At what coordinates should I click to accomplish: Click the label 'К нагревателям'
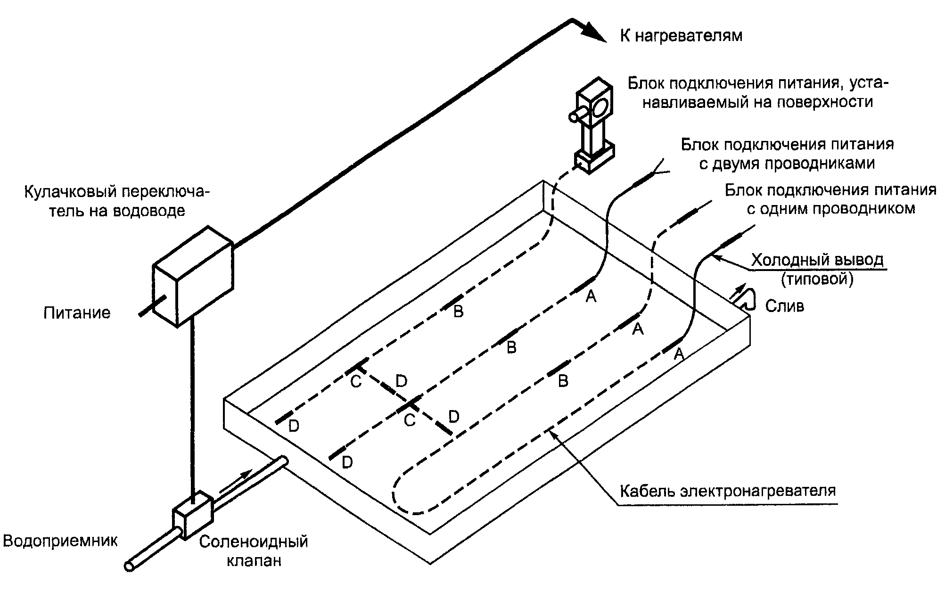coord(681,36)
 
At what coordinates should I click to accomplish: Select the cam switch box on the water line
coord(194,275)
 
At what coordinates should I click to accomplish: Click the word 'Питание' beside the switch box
coord(77,312)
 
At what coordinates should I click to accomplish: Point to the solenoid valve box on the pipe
coord(194,515)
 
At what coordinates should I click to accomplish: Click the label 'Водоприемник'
coord(60,541)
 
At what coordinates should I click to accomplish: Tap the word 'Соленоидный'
coord(253,541)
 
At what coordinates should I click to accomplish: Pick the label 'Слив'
coord(784,306)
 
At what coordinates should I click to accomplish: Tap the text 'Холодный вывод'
coord(817,260)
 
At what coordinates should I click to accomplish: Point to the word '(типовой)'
coord(817,279)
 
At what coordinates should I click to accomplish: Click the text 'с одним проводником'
coord(831,209)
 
